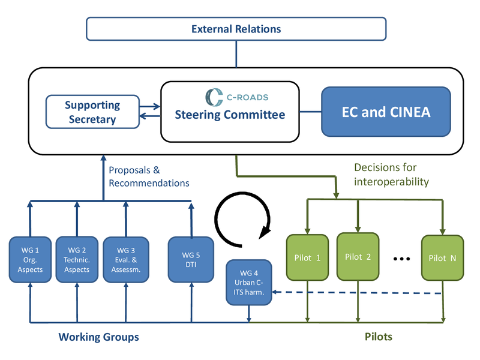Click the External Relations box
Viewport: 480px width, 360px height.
pos(236,29)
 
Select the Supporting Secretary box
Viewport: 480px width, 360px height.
pos(92,112)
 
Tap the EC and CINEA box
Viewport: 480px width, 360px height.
pos(386,112)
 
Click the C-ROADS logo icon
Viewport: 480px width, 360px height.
pos(214,97)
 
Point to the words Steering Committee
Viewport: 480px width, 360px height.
pos(230,115)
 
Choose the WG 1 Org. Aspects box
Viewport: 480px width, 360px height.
pos(30,260)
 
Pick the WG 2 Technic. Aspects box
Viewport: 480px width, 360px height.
pos(77,260)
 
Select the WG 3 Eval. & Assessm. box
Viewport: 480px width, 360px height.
pos(126,260)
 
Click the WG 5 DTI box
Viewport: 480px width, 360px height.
pos(191,260)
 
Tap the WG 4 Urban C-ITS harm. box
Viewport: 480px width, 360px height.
pos(249,283)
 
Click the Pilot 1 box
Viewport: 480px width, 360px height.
pos(307,257)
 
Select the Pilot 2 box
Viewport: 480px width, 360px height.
pos(358,257)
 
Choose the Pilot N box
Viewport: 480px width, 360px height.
pos(442,258)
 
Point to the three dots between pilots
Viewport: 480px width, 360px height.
pos(401,259)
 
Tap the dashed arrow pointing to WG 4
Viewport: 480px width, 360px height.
pos(357,293)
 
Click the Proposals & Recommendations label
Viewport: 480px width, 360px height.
pos(149,176)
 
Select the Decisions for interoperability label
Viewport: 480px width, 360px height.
pos(391,175)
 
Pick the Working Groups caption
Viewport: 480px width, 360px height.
pos(98,337)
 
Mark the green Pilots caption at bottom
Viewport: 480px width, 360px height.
pos(379,337)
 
